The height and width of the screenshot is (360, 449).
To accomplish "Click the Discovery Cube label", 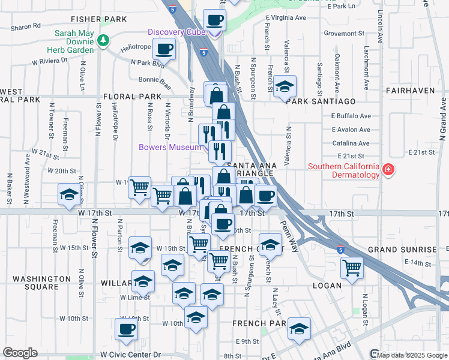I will coord(177,32).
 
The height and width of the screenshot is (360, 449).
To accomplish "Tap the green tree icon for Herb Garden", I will coord(103,40).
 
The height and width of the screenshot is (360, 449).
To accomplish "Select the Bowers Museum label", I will coord(170,147).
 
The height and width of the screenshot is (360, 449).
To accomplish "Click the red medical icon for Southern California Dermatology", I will coord(388,170).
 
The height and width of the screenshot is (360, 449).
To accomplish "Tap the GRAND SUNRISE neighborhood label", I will coord(402,249).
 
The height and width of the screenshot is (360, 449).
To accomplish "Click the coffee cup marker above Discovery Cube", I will coord(215,20).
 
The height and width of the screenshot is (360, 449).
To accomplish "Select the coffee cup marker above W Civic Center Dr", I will coord(127,329).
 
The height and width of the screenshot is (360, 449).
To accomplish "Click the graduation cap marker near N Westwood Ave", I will coord(69,194).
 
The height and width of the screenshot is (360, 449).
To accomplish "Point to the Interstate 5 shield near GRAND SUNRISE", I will coord(340,248).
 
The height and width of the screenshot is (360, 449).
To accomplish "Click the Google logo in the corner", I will coord(20,353).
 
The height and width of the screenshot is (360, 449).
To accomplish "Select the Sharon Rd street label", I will coord(25,26).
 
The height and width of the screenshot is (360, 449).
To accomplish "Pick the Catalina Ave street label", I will coord(351,143).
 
